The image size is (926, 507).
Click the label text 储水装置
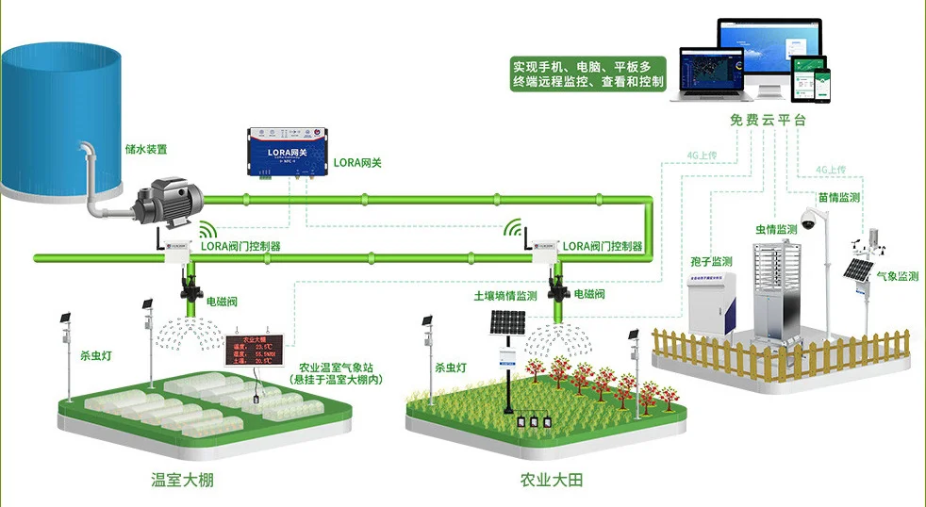pyautogui.click(x=146, y=149)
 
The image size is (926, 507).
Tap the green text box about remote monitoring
pyautogui.click(x=587, y=74)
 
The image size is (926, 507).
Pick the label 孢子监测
pyautogui.click(x=708, y=261)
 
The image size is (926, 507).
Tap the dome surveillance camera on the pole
pyautogui.click(x=808, y=219)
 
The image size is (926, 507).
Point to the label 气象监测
pyautogui.click(x=897, y=276)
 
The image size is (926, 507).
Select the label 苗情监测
pyautogui.click(x=839, y=198)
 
